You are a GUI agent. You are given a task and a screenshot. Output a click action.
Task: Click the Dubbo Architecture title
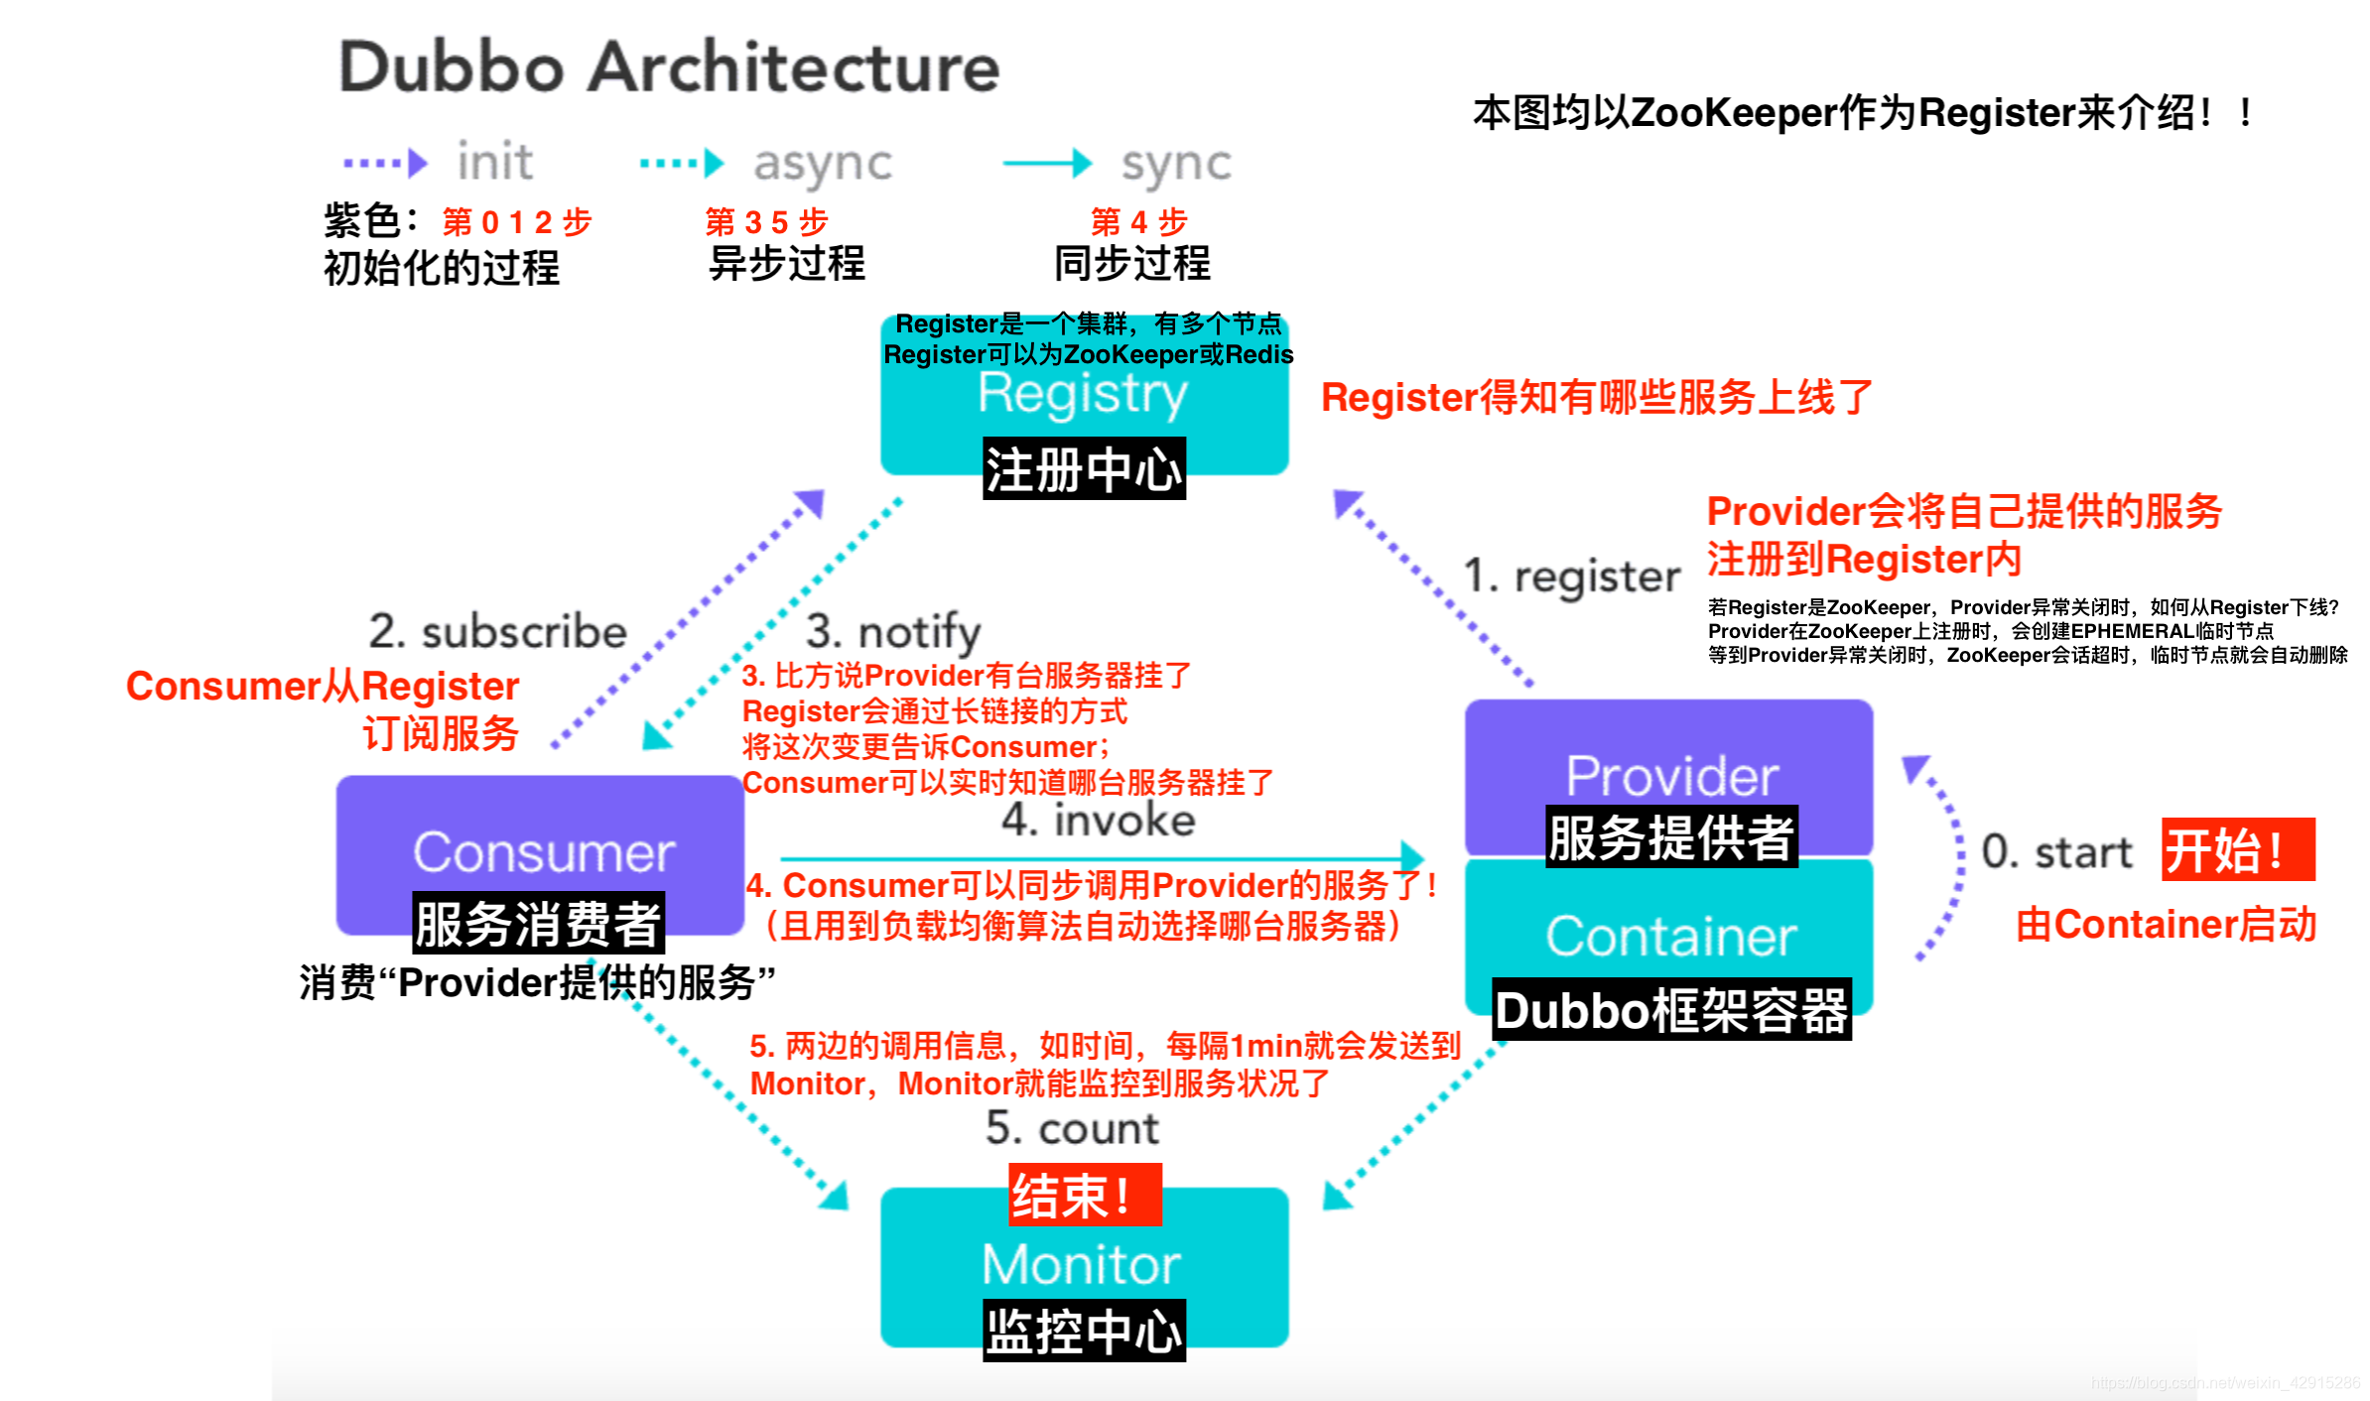(669, 67)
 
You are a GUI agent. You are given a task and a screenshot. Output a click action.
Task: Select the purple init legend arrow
(385, 163)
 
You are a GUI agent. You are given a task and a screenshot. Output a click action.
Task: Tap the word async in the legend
(822, 164)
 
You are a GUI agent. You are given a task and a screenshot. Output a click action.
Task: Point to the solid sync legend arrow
(1046, 163)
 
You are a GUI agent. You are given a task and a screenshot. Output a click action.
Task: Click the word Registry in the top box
(1082, 395)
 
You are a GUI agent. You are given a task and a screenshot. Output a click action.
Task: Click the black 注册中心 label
(1084, 469)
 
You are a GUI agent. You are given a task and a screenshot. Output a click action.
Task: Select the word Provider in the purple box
(1671, 776)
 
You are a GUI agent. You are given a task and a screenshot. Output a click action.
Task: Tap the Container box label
(1671, 936)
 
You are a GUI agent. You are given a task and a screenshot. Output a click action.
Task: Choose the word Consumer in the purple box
(543, 852)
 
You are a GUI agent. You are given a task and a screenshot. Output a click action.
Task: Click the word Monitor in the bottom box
(1082, 1264)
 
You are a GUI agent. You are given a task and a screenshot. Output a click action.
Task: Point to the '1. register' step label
(1572, 576)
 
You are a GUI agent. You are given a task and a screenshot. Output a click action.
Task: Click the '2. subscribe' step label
(497, 632)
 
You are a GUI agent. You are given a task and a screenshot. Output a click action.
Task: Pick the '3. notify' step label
(893, 632)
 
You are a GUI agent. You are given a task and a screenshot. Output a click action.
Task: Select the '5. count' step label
(1072, 1128)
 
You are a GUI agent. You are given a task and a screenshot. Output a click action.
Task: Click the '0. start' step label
(2056, 852)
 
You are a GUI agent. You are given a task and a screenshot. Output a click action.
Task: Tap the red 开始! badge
(2237, 850)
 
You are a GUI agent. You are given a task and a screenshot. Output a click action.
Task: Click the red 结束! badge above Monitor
(1084, 1196)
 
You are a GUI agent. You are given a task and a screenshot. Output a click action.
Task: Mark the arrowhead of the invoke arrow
(1413, 857)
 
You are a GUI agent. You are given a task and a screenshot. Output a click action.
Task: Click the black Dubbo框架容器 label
(1671, 1011)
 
